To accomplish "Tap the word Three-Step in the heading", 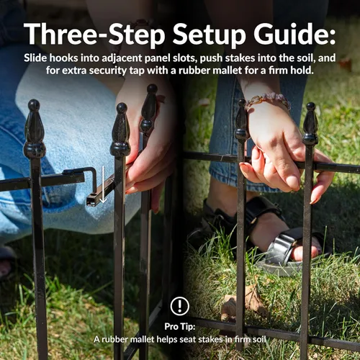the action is coord(94,35).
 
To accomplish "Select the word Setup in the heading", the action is coord(209,35).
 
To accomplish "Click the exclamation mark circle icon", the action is coord(180,306).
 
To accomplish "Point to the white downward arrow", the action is coord(103,184).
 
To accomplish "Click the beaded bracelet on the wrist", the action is coord(268,100).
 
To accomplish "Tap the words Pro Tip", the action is coord(180,326).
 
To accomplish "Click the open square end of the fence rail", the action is coord(91,201).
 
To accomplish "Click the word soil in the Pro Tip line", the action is coord(259,339).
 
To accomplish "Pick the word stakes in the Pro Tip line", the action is coord(210,339).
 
